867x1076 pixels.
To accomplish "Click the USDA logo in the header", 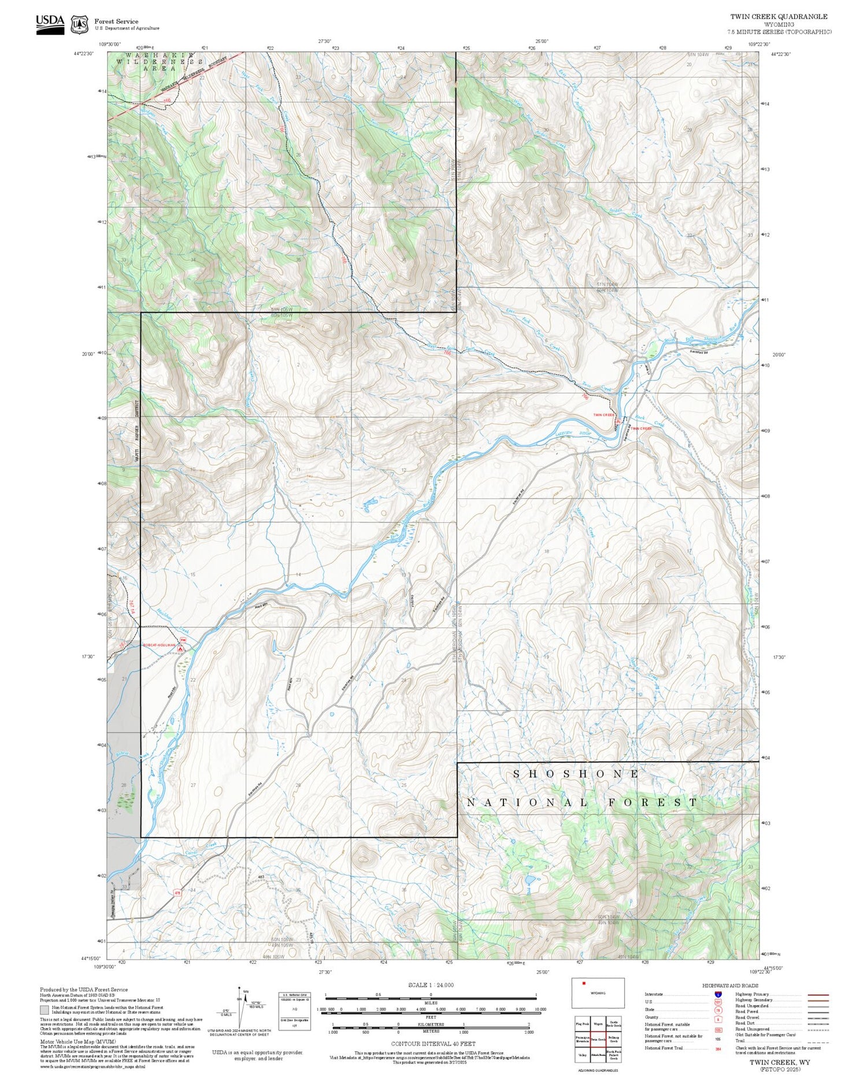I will tap(50, 24).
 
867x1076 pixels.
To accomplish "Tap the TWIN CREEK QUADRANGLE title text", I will tap(779, 17).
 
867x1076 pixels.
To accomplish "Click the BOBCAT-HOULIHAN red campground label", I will tap(159, 645).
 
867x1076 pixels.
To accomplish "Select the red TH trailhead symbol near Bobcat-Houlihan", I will tap(183, 640).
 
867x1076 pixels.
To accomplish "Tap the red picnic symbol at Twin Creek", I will tap(618, 423).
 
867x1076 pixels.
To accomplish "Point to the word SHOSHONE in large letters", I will tap(576, 774).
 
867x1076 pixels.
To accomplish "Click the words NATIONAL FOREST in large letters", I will tap(583, 803).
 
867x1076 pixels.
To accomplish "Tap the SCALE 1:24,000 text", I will tap(431, 985).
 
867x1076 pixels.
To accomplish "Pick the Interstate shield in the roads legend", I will tap(718, 994).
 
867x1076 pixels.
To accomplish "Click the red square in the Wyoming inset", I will tap(584, 983).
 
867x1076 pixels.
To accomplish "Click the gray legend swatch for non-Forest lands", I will tap(45, 1010).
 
